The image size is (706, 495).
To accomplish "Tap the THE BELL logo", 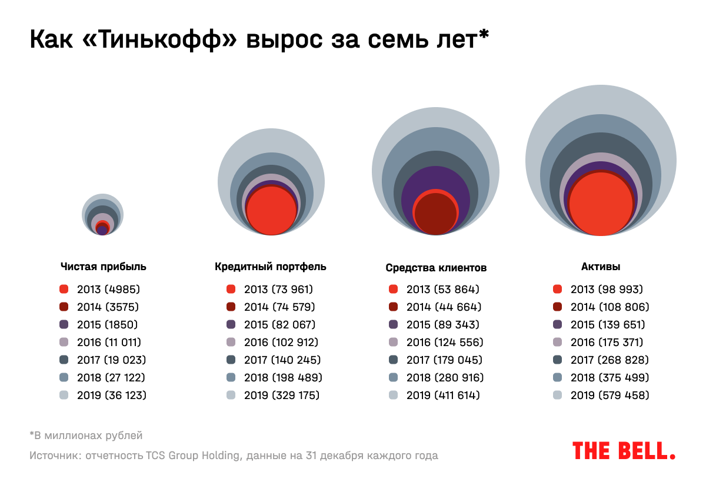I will (x=624, y=451).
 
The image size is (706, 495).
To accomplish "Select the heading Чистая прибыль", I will (x=103, y=267).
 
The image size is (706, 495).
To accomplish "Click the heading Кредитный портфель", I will (x=270, y=267).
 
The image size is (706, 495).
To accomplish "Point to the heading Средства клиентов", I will (x=436, y=268).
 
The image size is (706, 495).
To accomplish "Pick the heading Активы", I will (x=600, y=267).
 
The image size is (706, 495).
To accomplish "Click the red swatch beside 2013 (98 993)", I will (x=557, y=290).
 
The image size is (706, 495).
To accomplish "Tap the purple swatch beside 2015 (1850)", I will (x=64, y=325).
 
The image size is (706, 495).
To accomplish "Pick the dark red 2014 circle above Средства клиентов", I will (x=435, y=215).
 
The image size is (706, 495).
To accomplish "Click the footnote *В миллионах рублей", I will (x=86, y=436).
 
